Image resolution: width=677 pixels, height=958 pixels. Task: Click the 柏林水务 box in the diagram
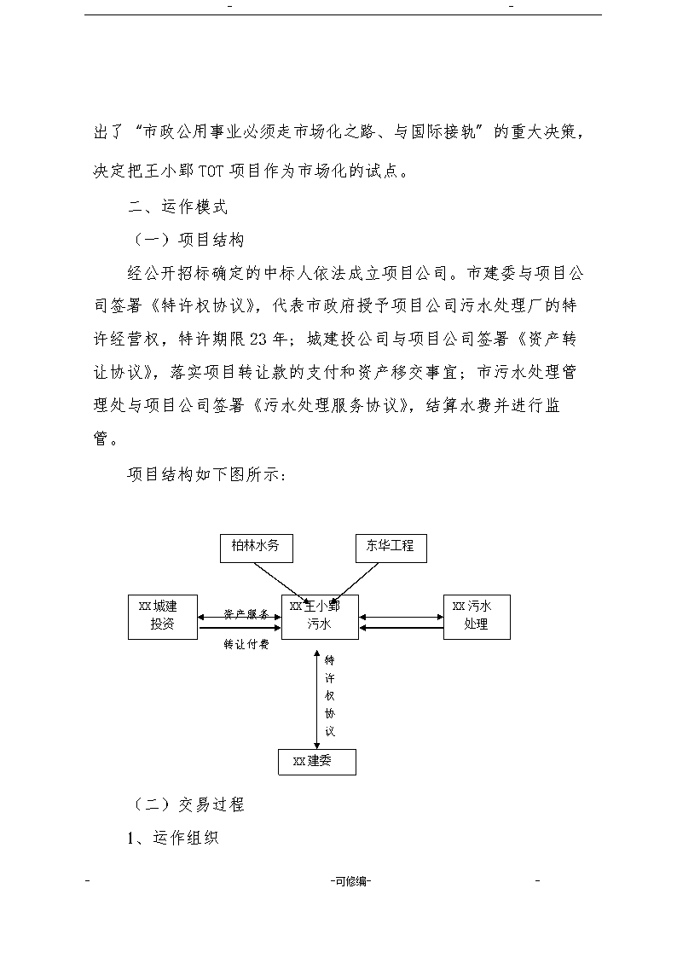click(257, 548)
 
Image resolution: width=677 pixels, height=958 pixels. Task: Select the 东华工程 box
click(391, 548)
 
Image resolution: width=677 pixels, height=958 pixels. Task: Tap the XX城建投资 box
click(162, 617)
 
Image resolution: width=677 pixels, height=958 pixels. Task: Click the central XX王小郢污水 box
click(319, 617)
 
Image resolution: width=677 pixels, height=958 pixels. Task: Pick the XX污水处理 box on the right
click(477, 617)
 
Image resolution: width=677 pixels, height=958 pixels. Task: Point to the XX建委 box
click(317, 762)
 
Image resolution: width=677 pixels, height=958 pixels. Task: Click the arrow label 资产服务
click(246, 614)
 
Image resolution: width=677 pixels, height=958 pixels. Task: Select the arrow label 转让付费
click(246, 644)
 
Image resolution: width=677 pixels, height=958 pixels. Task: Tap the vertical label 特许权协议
click(330, 695)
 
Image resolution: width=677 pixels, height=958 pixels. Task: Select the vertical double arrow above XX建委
click(316, 699)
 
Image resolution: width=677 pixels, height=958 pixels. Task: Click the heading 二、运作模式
click(177, 206)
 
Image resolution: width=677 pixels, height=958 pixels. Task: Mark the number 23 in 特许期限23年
click(259, 339)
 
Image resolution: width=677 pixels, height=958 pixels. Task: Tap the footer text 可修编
click(351, 881)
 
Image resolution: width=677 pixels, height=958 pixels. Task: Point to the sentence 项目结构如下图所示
click(206, 474)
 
